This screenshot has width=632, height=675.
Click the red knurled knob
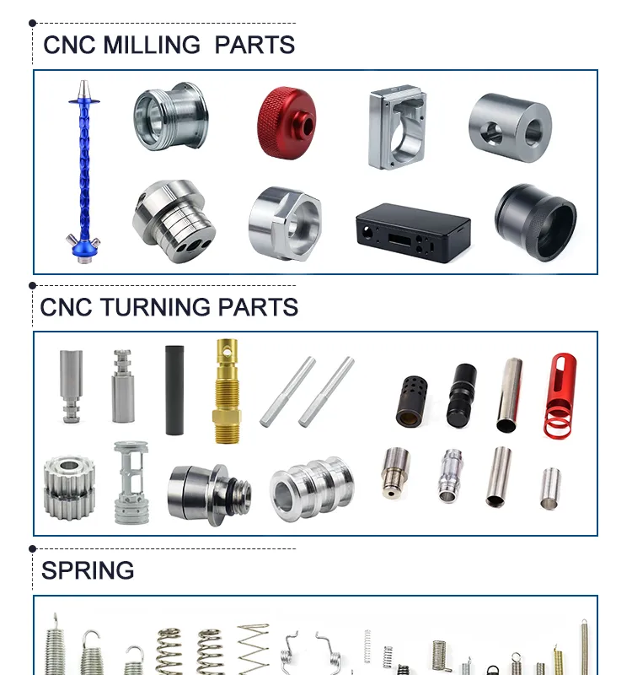(287, 122)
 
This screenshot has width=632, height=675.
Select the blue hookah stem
(83, 172)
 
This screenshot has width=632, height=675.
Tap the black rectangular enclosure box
(413, 233)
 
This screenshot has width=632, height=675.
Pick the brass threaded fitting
(227, 391)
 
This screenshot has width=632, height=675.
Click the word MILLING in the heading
(152, 45)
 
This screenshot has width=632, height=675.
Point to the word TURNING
(156, 307)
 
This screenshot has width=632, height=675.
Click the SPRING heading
(88, 570)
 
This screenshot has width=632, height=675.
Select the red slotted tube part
(560, 395)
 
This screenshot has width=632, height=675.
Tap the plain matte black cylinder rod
(174, 390)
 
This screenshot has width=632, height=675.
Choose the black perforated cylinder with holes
(411, 402)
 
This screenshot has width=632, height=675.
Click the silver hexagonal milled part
(285, 224)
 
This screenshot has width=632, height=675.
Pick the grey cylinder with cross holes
(510, 128)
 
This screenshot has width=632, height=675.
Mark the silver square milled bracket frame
(397, 127)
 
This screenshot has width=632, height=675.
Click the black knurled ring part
(535, 222)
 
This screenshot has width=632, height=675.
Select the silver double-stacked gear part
(69, 488)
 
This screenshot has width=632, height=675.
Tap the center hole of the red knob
(307, 126)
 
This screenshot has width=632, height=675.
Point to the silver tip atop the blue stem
(83, 89)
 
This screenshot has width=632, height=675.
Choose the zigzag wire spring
(254, 649)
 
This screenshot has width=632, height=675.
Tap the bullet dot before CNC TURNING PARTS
(33, 285)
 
